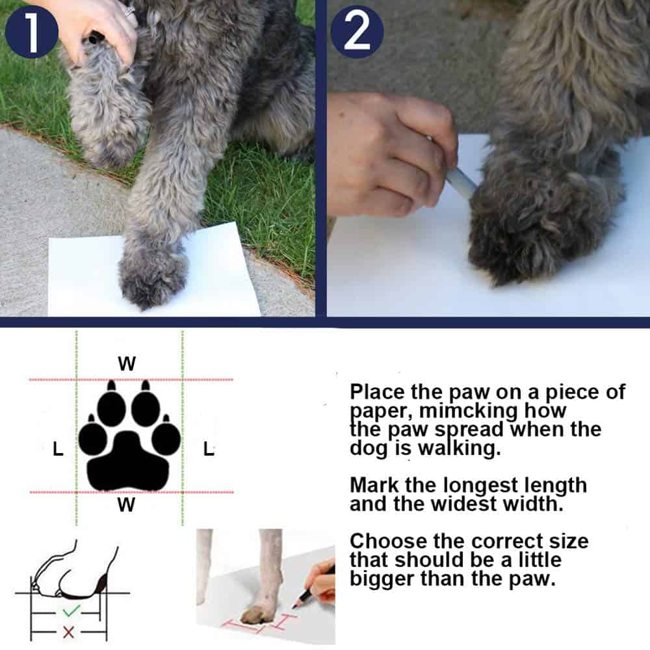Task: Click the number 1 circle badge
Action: point(31,32)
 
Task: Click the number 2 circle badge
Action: point(356,32)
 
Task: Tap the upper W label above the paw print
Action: point(127,363)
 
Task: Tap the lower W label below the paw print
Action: point(126,504)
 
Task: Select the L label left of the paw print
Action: point(58,448)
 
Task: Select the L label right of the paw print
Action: point(209,448)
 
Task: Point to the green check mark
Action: point(71,610)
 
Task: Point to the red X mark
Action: point(68,632)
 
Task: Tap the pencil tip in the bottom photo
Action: point(294,606)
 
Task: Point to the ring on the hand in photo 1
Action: point(130,10)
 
